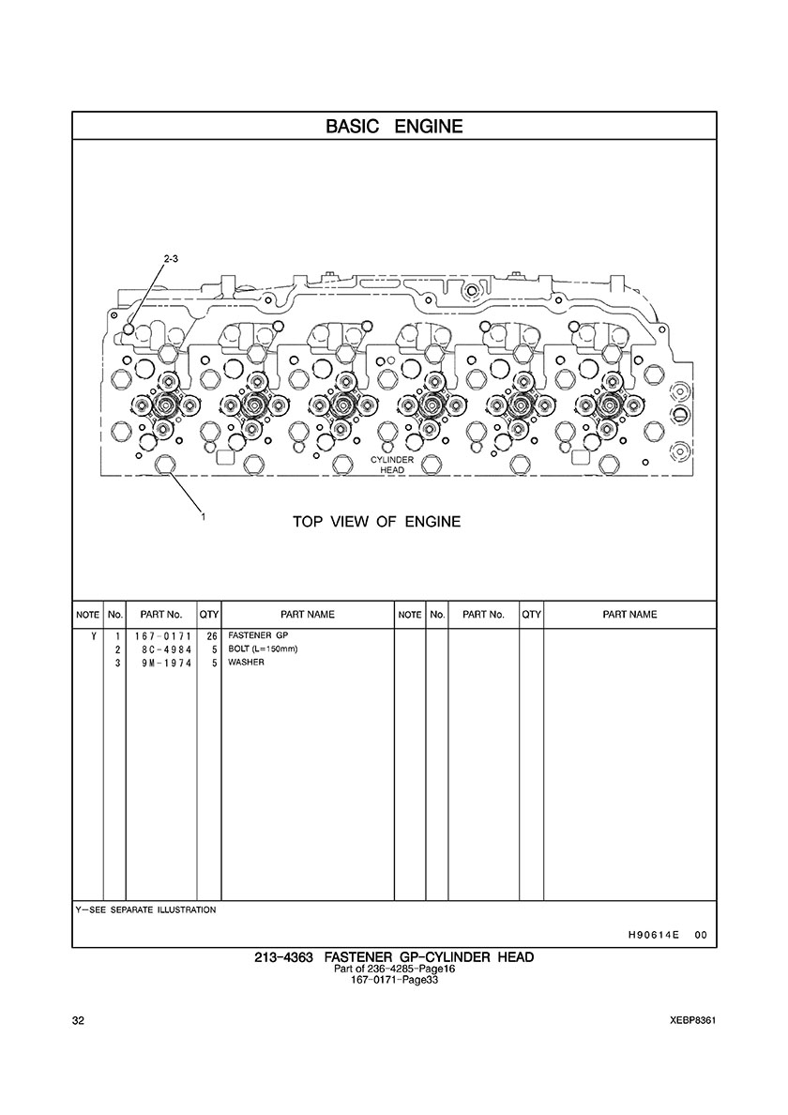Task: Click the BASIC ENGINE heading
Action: (x=394, y=127)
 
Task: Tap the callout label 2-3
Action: (x=171, y=259)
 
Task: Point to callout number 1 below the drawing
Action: (x=203, y=517)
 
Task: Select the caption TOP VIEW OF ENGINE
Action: (x=376, y=522)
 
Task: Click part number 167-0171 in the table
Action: (x=162, y=636)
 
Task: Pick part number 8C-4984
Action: (x=166, y=649)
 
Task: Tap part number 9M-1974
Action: (x=166, y=663)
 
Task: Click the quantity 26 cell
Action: (x=211, y=636)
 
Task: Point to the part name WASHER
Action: (x=246, y=662)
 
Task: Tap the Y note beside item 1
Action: (x=93, y=636)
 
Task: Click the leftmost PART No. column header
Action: (x=161, y=615)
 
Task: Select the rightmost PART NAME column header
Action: (x=629, y=615)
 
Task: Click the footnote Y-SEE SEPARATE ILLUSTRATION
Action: (x=145, y=909)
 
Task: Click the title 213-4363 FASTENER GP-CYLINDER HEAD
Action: (x=394, y=957)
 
